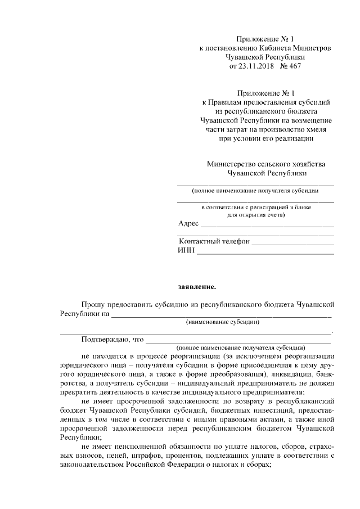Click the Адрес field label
click(188, 224)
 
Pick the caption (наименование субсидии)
click(223, 322)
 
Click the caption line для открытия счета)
click(255, 214)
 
